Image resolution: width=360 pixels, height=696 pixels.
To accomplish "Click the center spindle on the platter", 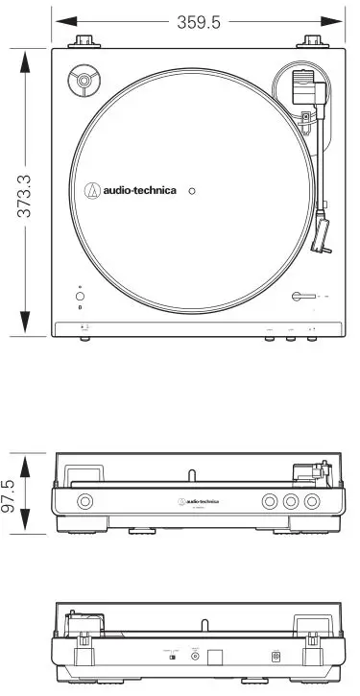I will point(192,191).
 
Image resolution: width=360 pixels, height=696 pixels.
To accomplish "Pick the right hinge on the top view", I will point(313,40).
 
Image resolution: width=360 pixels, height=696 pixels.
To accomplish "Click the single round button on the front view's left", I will point(85,501).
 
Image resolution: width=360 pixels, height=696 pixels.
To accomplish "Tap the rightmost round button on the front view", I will point(312,501).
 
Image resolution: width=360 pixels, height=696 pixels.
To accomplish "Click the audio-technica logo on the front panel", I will point(198,501).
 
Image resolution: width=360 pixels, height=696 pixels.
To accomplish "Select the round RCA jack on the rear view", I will point(196,655).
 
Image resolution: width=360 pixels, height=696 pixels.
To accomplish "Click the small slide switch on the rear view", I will point(172,656).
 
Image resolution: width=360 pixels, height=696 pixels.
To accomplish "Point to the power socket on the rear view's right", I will point(276,656).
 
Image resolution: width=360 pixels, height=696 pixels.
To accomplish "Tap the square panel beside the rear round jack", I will point(216,655).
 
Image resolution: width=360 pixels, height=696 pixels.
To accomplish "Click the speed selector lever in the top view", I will point(302,298).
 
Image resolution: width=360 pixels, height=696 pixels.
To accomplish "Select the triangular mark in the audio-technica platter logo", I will point(93,190).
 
